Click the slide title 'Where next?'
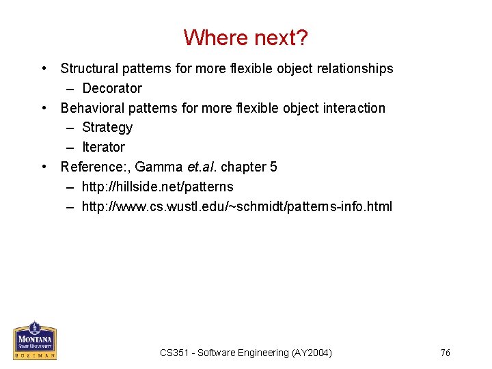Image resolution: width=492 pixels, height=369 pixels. click(246, 37)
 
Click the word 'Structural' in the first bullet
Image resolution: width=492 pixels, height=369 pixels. click(87, 68)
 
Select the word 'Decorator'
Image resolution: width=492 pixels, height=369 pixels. click(112, 88)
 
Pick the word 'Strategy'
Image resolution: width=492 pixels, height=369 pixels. click(107, 127)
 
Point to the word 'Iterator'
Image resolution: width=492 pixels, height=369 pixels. click(104, 147)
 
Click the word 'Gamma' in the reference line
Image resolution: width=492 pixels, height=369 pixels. click(159, 167)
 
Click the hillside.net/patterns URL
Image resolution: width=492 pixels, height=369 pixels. click(157, 187)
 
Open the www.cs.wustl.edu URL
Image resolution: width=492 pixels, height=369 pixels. click(236, 206)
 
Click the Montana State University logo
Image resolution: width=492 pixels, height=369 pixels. click(34, 340)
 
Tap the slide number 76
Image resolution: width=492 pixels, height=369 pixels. click(445, 353)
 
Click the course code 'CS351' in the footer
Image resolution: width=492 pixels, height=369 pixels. click(173, 353)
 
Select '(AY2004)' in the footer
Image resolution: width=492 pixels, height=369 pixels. click(312, 353)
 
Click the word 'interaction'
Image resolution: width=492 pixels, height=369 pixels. click(353, 108)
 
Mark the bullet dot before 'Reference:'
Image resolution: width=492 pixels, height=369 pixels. click(44, 167)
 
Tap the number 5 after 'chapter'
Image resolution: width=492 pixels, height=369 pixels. click(273, 167)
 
